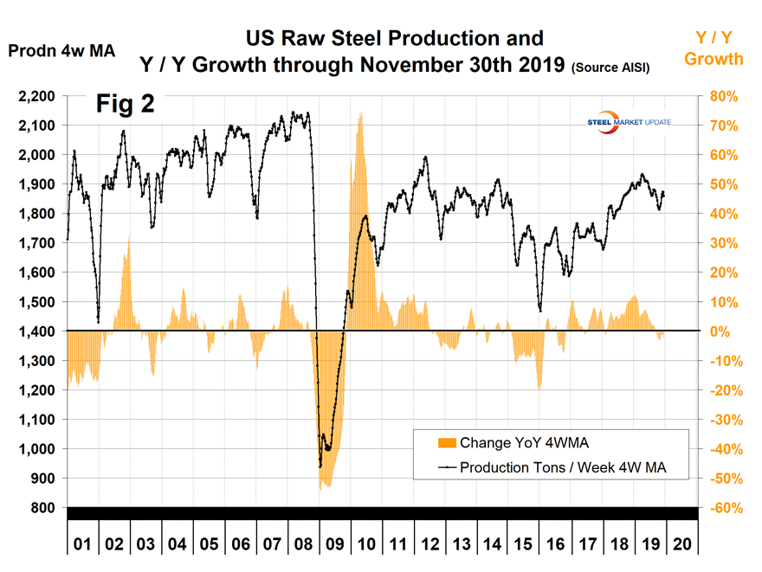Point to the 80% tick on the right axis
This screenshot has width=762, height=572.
pyautogui.click(x=722, y=96)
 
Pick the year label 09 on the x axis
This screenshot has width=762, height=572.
pyautogui.click(x=333, y=546)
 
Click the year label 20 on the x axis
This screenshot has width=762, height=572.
pyautogui.click(x=681, y=546)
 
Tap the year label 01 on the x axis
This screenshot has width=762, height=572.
pyautogui.click(x=82, y=546)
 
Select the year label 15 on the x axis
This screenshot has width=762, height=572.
pyautogui.click(x=523, y=546)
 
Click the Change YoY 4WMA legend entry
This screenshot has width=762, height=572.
pyautogui.click(x=511, y=443)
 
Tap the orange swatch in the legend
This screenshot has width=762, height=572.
pyautogui.click(x=446, y=443)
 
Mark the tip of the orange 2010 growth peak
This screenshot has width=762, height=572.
pyautogui.click(x=359, y=112)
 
